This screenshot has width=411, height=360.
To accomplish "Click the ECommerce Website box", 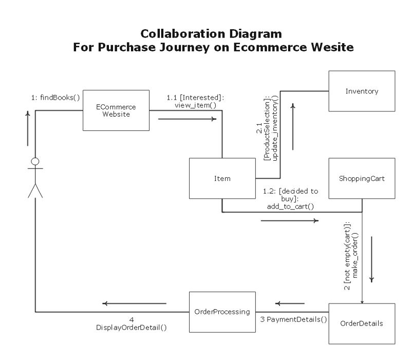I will [116, 111].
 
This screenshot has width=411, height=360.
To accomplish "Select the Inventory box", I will [362, 91].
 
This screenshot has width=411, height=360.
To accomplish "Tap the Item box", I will [222, 179].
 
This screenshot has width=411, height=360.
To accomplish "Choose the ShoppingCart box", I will [362, 179].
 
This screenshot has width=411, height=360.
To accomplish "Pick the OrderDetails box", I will [362, 324].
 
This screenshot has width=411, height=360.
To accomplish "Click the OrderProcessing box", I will [222, 311].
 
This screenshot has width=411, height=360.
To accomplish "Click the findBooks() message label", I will [55, 97].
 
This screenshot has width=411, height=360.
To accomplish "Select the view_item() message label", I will [195, 105].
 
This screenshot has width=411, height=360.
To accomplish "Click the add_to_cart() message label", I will [290, 206].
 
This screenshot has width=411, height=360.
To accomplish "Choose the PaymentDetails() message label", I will [293, 319].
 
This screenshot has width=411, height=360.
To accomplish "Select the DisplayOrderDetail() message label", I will [132, 327].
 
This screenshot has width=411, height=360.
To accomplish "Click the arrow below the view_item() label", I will [187, 120].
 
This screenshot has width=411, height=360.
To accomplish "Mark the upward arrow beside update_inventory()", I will [293, 126].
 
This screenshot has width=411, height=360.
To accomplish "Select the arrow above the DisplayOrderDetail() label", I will [134, 304].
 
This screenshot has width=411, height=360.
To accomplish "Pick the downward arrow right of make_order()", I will [371, 259].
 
